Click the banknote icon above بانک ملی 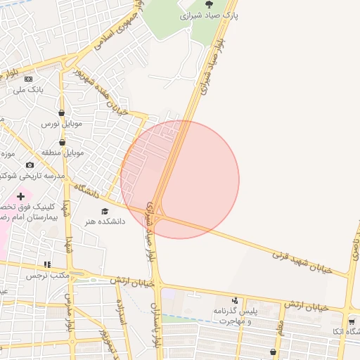pyautogui.click(x=28, y=79)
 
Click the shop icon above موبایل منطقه pyautogui.click(x=63, y=142)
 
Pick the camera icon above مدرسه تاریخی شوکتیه pyautogui.click(x=30, y=165)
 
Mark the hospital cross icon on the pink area pyautogui.click(x=20, y=195)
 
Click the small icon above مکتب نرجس pyautogui.click(x=47, y=265)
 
